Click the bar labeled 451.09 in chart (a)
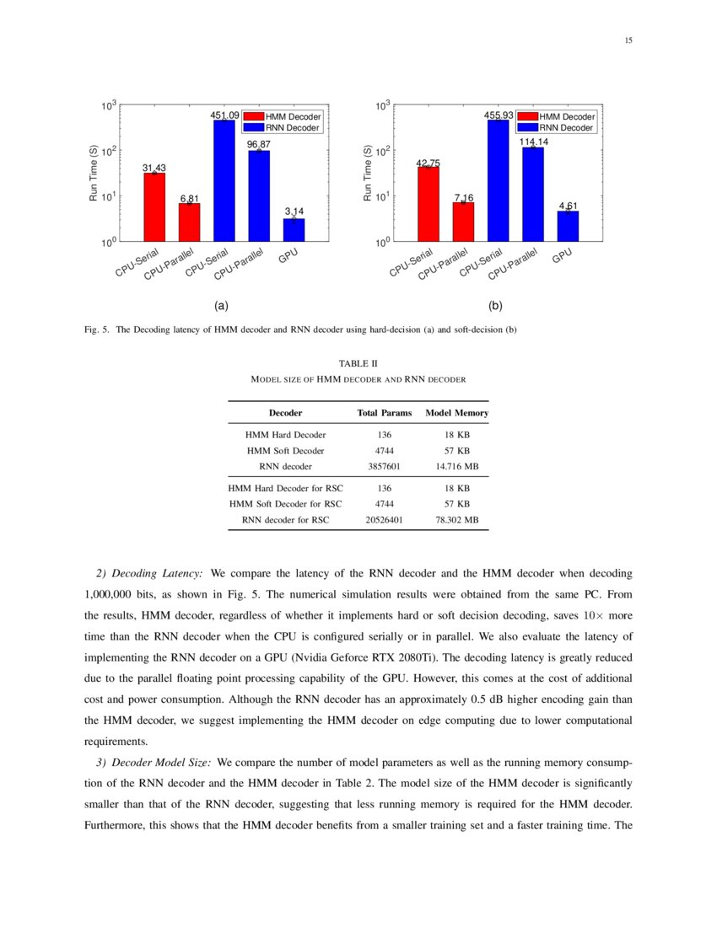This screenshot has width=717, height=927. pyautogui.click(x=224, y=180)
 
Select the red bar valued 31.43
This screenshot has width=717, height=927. pyautogui.click(x=154, y=207)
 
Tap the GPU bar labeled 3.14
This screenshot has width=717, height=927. pyautogui.click(x=294, y=230)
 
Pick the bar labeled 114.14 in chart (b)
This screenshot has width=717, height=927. pyautogui.click(x=533, y=194)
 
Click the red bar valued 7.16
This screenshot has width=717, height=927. pyautogui.click(x=463, y=222)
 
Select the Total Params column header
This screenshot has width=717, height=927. pyautogui.click(x=385, y=413)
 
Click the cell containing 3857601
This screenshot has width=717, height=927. pyautogui.click(x=385, y=466)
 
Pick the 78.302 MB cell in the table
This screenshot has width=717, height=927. pyautogui.click(x=457, y=520)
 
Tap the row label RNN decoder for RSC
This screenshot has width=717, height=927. pyautogui.click(x=285, y=520)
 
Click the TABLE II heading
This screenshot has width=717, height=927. pyautogui.click(x=358, y=363)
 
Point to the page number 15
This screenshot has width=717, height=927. pyautogui.click(x=628, y=40)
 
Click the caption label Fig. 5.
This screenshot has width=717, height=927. pyautogui.click(x=99, y=330)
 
